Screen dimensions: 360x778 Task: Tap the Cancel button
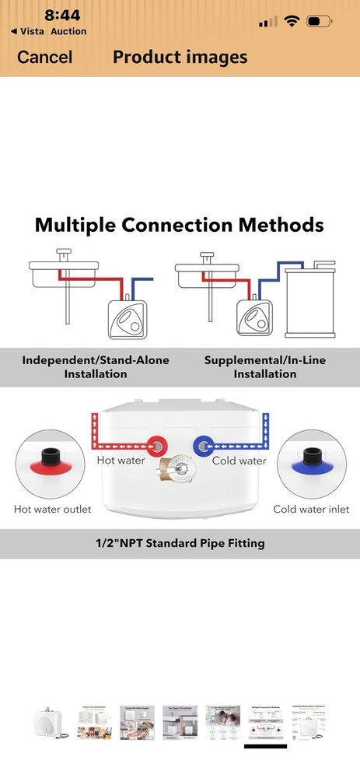pos(44,57)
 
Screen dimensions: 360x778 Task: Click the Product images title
pos(180,57)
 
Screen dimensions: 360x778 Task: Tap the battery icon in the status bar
pos(320,21)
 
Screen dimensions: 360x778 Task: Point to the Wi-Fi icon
pos(292,21)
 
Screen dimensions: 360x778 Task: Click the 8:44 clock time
pos(62,15)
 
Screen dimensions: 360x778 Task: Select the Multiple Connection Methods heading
pos(180,226)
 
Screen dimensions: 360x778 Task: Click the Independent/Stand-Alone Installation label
pos(95,366)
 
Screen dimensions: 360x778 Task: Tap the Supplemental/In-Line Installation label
pos(265,366)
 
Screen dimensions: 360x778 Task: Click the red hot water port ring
pos(157,446)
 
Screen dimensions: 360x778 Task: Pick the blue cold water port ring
pos(203,446)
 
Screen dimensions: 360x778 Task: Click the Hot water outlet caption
pos(53,509)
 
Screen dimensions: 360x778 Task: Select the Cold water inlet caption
pos(312,509)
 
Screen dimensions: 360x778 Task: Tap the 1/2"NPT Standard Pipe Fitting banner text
pos(180,543)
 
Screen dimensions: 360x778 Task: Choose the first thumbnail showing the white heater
pos(51,723)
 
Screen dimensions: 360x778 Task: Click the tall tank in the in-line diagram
pos(310,300)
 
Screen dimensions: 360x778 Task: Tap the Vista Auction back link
pos(48,31)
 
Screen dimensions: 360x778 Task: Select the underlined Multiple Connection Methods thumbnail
pos(265,723)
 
